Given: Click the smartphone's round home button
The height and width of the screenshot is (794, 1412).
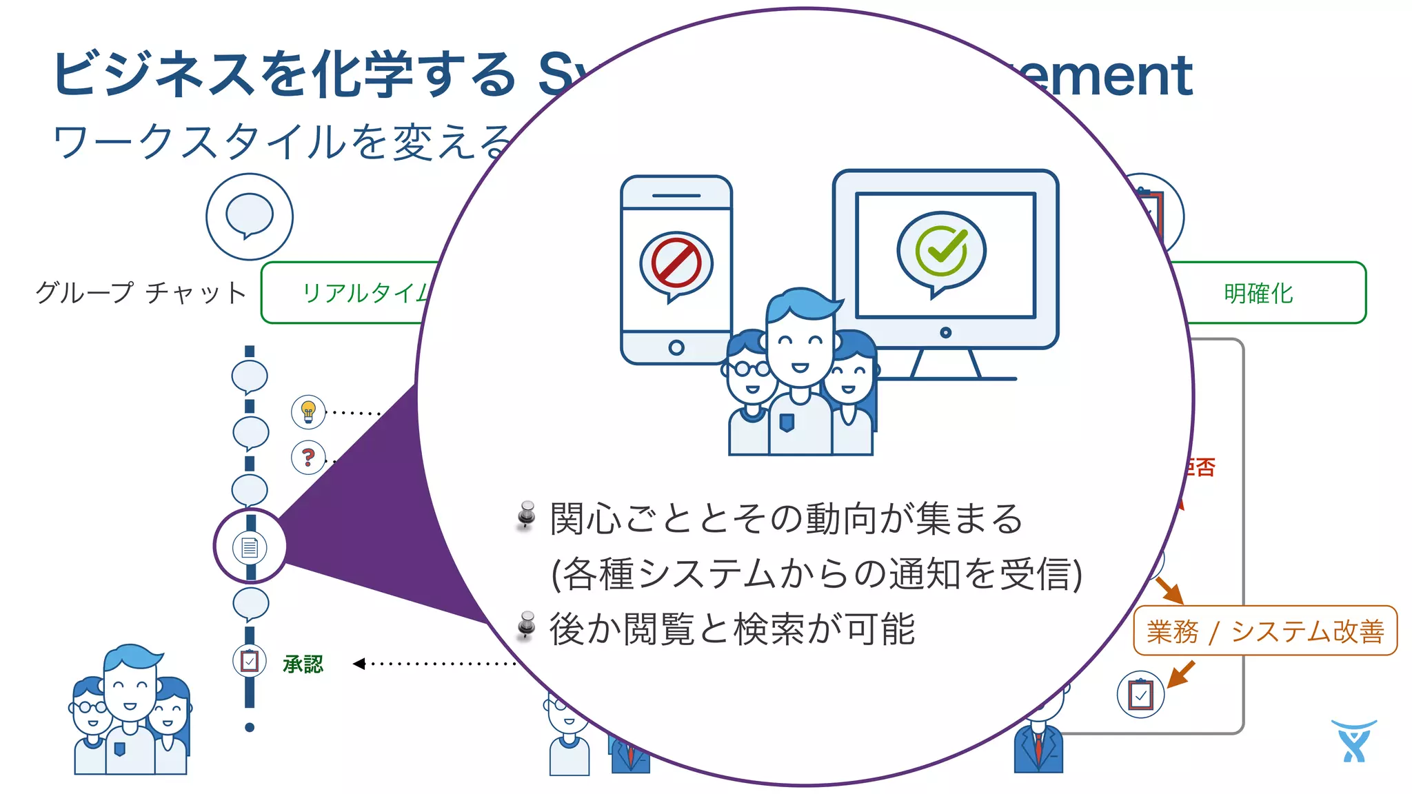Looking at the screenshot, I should pos(676,347).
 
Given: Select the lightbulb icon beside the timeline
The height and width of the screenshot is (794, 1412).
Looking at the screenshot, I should pos(308,412).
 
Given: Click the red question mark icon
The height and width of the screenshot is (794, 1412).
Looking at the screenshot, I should pos(308,457).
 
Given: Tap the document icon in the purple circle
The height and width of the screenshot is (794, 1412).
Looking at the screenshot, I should pos(250,547).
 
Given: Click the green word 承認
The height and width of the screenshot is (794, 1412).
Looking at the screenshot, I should pos(303,664).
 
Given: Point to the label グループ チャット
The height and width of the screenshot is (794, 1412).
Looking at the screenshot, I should pos(141,293).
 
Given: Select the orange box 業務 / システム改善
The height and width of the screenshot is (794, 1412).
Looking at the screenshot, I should pos(1265,631).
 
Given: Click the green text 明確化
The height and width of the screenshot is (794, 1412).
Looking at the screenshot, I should pos(1258,294).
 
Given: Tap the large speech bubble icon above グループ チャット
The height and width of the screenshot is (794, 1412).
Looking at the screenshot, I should pos(250,216).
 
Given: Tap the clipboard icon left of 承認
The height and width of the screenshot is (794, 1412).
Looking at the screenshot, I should pos(250,661).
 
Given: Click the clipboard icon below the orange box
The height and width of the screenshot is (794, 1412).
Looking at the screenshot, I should pos(1140,694).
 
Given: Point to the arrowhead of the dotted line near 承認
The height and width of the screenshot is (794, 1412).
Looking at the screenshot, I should pos(358,664).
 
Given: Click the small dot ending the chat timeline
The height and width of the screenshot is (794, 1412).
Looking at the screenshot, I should pos(250,727).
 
